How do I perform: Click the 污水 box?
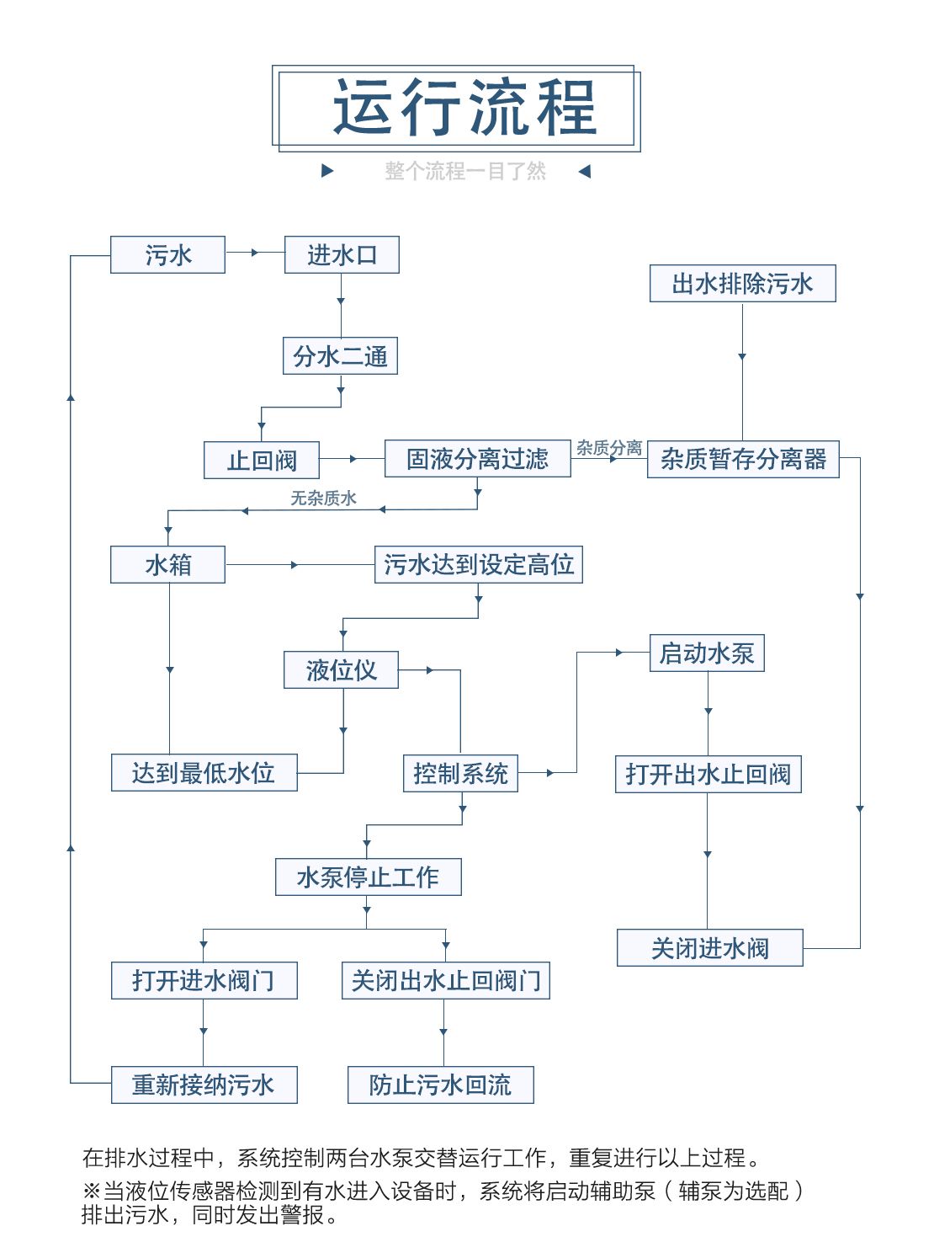click(x=167, y=255)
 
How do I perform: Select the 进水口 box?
click(x=342, y=255)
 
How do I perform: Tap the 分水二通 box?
click(x=340, y=356)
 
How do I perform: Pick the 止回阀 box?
click(x=262, y=461)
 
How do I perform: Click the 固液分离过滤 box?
click(x=477, y=459)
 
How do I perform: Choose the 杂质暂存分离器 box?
click(x=743, y=459)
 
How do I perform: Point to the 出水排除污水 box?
click(x=742, y=284)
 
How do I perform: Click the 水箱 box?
click(x=167, y=564)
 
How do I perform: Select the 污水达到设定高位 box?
click(x=478, y=564)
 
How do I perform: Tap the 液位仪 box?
click(x=341, y=670)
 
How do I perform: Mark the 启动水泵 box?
click(x=707, y=653)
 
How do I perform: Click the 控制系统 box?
click(x=460, y=773)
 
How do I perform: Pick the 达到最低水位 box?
click(x=204, y=773)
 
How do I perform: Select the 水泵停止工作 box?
click(x=368, y=877)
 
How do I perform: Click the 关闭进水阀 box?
click(x=709, y=948)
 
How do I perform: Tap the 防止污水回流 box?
click(x=440, y=1085)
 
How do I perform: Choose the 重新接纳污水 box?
click(x=204, y=1085)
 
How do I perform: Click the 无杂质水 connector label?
click(x=323, y=498)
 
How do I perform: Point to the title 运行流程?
click(x=465, y=108)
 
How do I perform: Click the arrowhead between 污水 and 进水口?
click(x=254, y=252)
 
